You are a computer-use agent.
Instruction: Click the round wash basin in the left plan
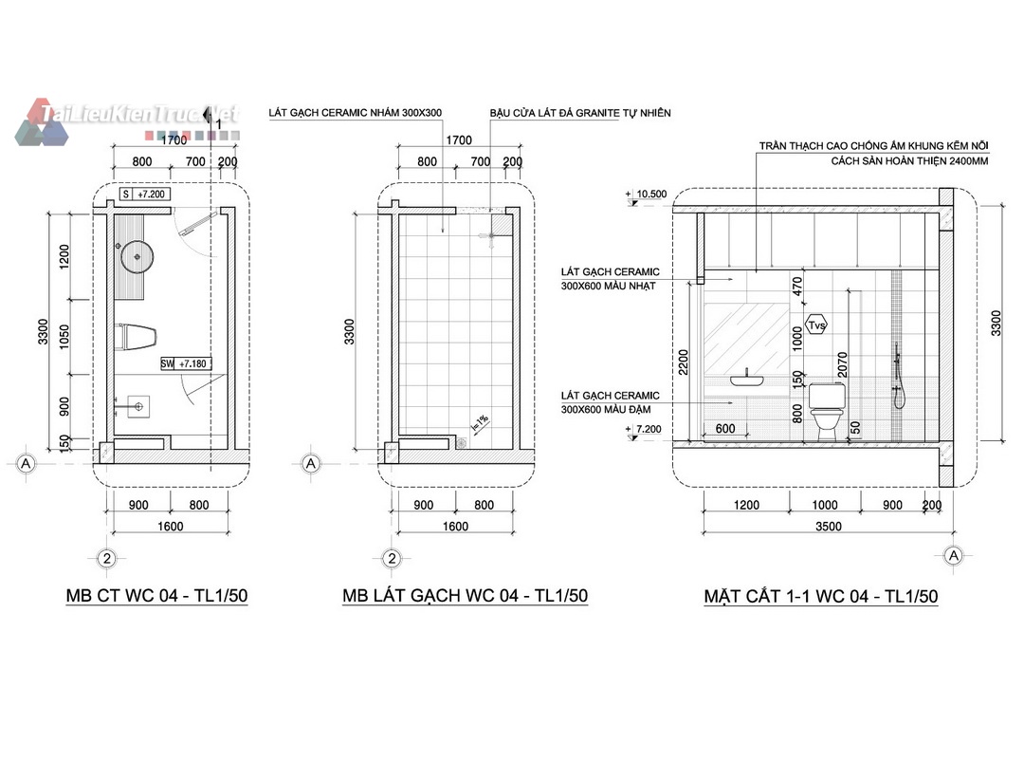[137, 256]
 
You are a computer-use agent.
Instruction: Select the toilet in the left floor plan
[136, 337]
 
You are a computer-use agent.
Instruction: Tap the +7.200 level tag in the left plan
[145, 195]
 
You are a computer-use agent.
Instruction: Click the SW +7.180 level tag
[186, 363]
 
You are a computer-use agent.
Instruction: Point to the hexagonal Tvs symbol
[816, 325]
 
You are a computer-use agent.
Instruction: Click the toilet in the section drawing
[828, 410]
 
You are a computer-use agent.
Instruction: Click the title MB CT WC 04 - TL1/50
[156, 596]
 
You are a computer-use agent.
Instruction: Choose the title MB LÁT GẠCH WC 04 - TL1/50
[465, 596]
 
